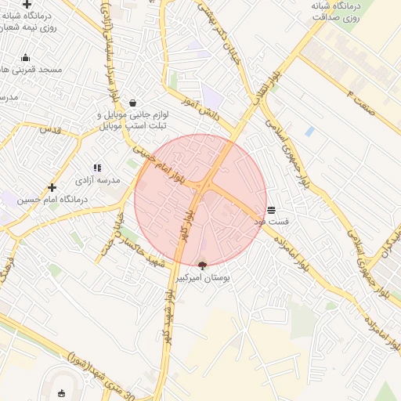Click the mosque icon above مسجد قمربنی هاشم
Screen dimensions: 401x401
[x=25, y=57]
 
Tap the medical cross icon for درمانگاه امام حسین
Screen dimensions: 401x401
[x=52, y=187]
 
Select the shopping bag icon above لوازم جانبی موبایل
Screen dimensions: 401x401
[x=132, y=103]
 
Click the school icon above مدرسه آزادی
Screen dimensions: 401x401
[x=97, y=168]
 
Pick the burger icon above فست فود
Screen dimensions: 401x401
[x=271, y=210]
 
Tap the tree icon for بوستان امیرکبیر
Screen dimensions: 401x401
[x=203, y=266]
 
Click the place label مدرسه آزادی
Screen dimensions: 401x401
[x=98, y=180]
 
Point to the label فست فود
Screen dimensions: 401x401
[x=271, y=222]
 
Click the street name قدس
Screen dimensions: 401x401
[x=50, y=129]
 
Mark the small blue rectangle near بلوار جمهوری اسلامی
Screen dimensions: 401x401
[x=309, y=132]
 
